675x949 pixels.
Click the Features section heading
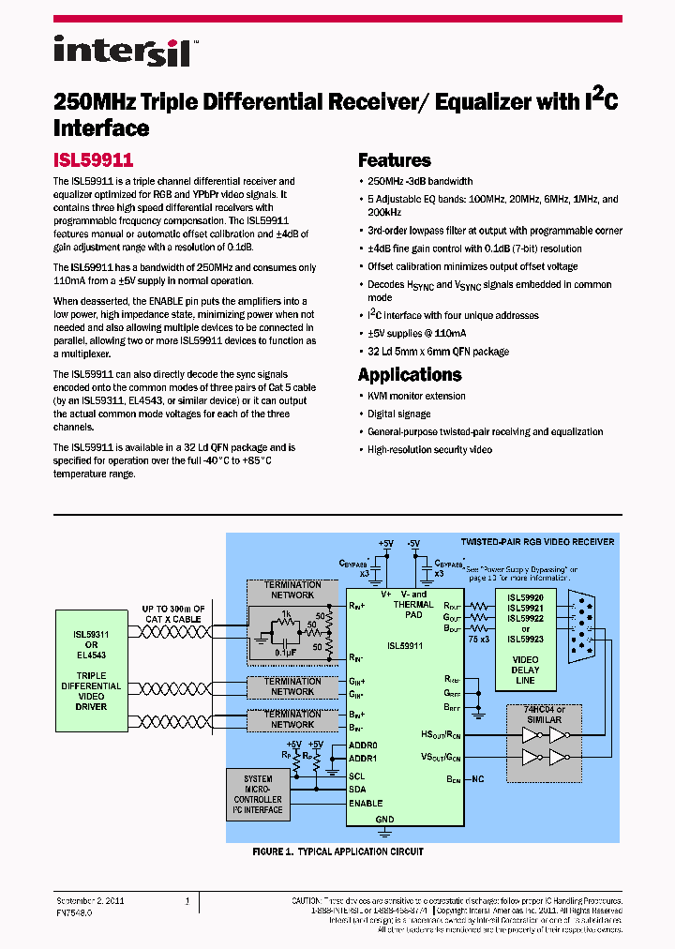(x=394, y=160)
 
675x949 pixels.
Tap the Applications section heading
(x=410, y=375)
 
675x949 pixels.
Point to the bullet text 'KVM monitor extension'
(x=416, y=396)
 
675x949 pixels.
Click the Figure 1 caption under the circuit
(x=337, y=851)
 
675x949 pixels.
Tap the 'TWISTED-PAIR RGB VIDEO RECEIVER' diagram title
(x=537, y=542)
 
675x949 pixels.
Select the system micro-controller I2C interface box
(x=258, y=794)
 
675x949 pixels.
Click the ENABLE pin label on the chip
(x=366, y=804)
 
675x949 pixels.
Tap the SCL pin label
(x=356, y=776)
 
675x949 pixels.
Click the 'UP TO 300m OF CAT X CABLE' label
(x=172, y=613)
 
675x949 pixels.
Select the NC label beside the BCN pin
(x=478, y=779)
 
